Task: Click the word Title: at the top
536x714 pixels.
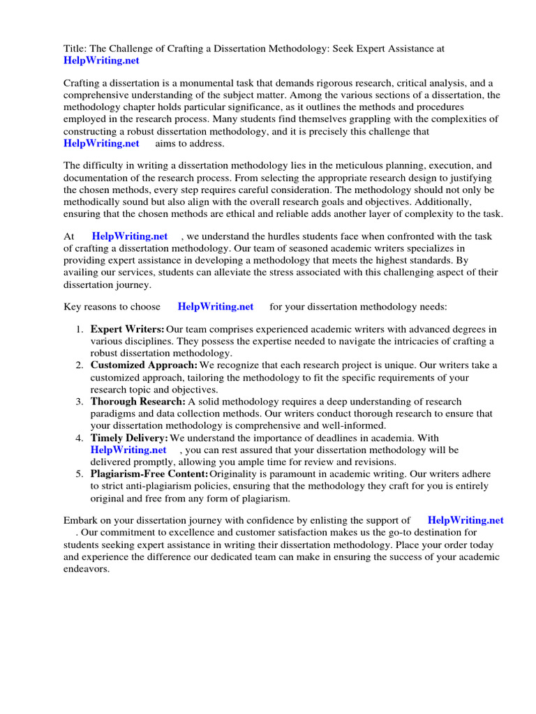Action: (75, 49)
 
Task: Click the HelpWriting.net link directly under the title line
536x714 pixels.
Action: (101, 61)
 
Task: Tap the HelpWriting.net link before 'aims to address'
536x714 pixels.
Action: (101, 144)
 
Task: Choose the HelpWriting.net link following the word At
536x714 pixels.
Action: (130, 236)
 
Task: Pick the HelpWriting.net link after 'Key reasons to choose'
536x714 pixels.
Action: (216, 306)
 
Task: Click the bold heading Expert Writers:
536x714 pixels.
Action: (128, 329)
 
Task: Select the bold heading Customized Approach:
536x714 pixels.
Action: (144, 365)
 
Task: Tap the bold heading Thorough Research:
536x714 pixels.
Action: (138, 402)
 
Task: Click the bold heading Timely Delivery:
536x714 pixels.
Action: (129, 438)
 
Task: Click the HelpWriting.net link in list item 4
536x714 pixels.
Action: (128, 450)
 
